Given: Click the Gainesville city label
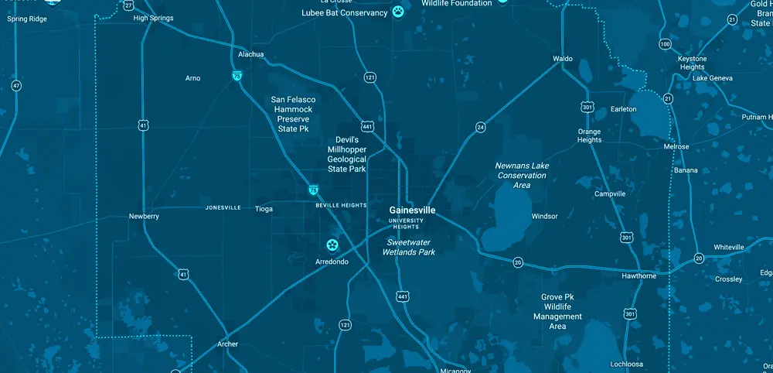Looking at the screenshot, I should [412, 210].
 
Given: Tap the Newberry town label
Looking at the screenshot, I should [144, 217].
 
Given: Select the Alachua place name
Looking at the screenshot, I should [251, 54].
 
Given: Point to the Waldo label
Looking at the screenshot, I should [563, 59].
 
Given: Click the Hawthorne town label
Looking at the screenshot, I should [639, 276].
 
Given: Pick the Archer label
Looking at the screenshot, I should [228, 344].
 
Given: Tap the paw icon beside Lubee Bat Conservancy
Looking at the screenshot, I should [398, 12].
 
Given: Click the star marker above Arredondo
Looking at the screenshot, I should [332, 245].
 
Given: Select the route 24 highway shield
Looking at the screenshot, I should [480, 126].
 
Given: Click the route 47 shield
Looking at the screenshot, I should [16, 85].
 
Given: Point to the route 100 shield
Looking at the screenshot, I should [666, 44].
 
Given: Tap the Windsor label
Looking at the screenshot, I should [544, 216].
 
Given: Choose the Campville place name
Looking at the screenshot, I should [610, 193].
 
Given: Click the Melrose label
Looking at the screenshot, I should [676, 146].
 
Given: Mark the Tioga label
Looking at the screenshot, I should [264, 208].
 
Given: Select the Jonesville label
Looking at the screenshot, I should [223, 208].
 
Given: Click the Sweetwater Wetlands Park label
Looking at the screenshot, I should [410, 247].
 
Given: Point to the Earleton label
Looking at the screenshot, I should [623, 109].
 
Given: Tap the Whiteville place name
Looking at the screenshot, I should [729, 247].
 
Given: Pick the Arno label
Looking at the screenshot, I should [193, 78].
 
